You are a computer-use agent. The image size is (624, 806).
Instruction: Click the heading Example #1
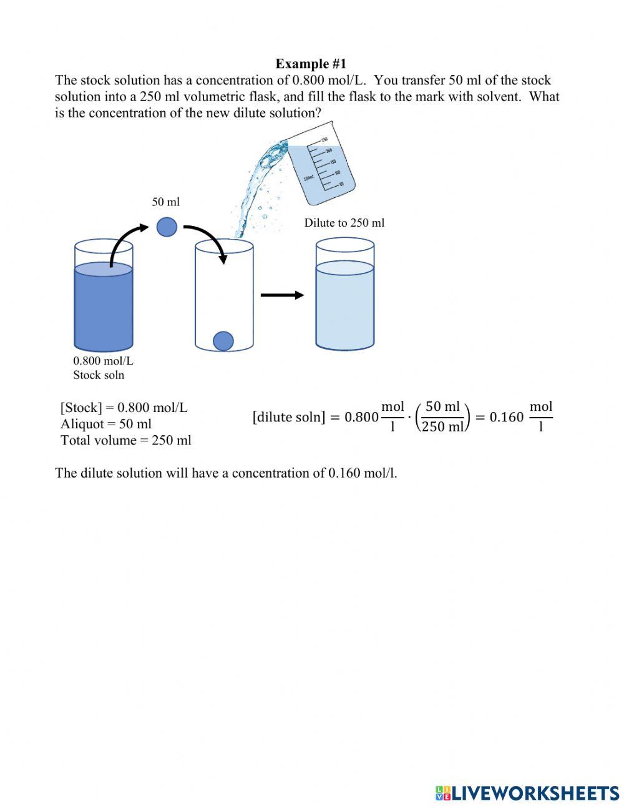coord(311,64)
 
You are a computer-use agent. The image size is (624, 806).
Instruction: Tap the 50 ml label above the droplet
coord(165,202)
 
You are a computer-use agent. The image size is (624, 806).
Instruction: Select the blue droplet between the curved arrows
coord(167,227)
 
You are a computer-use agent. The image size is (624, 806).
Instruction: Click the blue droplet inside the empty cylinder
coord(223,341)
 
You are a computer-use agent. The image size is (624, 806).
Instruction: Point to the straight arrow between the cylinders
coord(282,295)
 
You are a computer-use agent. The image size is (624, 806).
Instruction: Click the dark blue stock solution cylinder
coord(104,306)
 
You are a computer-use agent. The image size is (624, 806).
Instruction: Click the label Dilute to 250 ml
coord(344,223)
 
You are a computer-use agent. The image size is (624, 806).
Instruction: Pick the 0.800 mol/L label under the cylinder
coord(103,361)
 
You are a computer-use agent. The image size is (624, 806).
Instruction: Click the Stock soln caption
coord(99,375)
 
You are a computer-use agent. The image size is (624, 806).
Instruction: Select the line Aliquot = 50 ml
coord(106,424)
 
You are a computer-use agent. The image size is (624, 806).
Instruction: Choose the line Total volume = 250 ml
coord(126,440)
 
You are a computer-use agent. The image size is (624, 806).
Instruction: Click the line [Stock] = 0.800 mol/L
coord(124,408)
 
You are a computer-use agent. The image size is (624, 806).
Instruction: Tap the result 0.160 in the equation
coord(506,417)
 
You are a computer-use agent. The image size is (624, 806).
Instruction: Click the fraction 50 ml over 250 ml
coord(442,417)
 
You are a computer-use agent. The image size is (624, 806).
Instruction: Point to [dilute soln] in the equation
coord(289,417)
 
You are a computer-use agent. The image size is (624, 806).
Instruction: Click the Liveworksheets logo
coord(527,793)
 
